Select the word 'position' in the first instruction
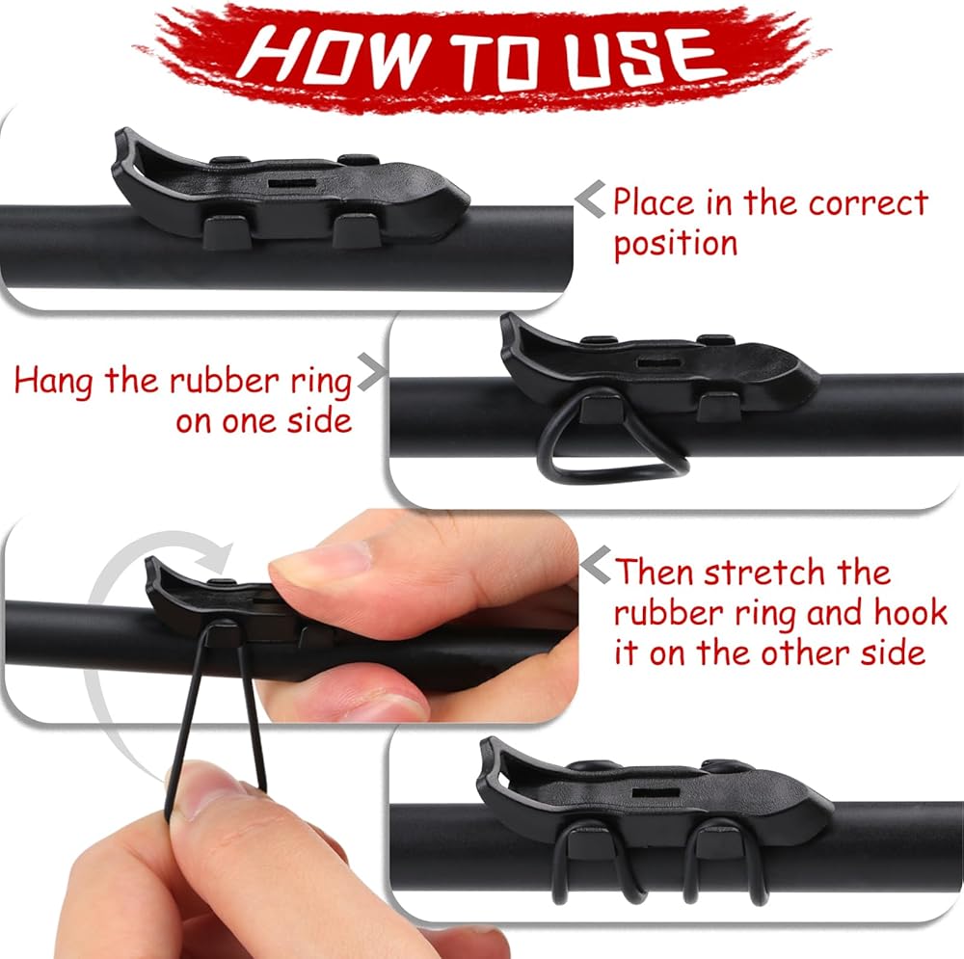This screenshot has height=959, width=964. [x=676, y=245]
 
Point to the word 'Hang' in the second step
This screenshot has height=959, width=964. [x=53, y=382]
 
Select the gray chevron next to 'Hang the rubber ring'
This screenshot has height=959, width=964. [x=372, y=372]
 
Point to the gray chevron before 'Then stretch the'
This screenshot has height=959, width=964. [x=596, y=565]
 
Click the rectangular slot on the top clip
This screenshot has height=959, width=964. [x=293, y=183]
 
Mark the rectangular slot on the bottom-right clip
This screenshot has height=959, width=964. [x=656, y=793]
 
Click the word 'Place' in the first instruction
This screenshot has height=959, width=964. [x=655, y=201]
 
